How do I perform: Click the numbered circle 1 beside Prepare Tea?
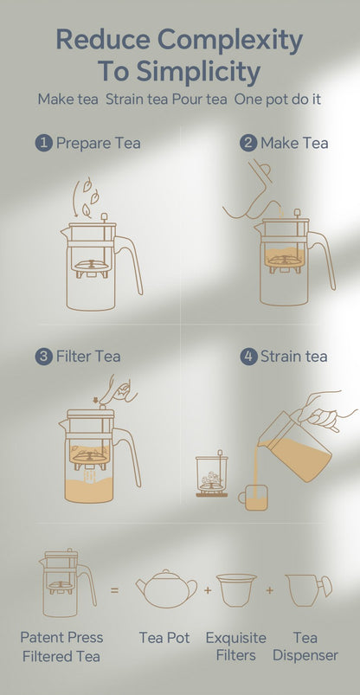pyautogui.click(x=43, y=143)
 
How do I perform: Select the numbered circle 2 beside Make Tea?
pyautogui.click(x=248, y=143)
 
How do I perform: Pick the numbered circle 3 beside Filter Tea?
pyautogui.click(x=43, y=356)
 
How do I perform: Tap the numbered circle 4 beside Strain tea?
pyautogui.click(x=248, y=356)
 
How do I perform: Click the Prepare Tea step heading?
pyautogui.click(x=98, y=143)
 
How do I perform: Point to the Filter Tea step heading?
pyautogui.click(x=89, y=356)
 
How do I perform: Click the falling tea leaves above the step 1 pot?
pyautogui.click(x=87, y=196)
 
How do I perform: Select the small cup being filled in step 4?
pyautogui.click(x=254, y=497)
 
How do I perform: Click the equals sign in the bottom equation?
pyautogui.click(x=115, y=591)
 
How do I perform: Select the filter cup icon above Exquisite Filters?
pyautogui.click(x=236, y=589)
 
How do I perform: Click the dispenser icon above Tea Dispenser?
pyautogui.click(x=307, y=589)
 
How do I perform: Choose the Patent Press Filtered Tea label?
pyautogui.click(x=60, y=647)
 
